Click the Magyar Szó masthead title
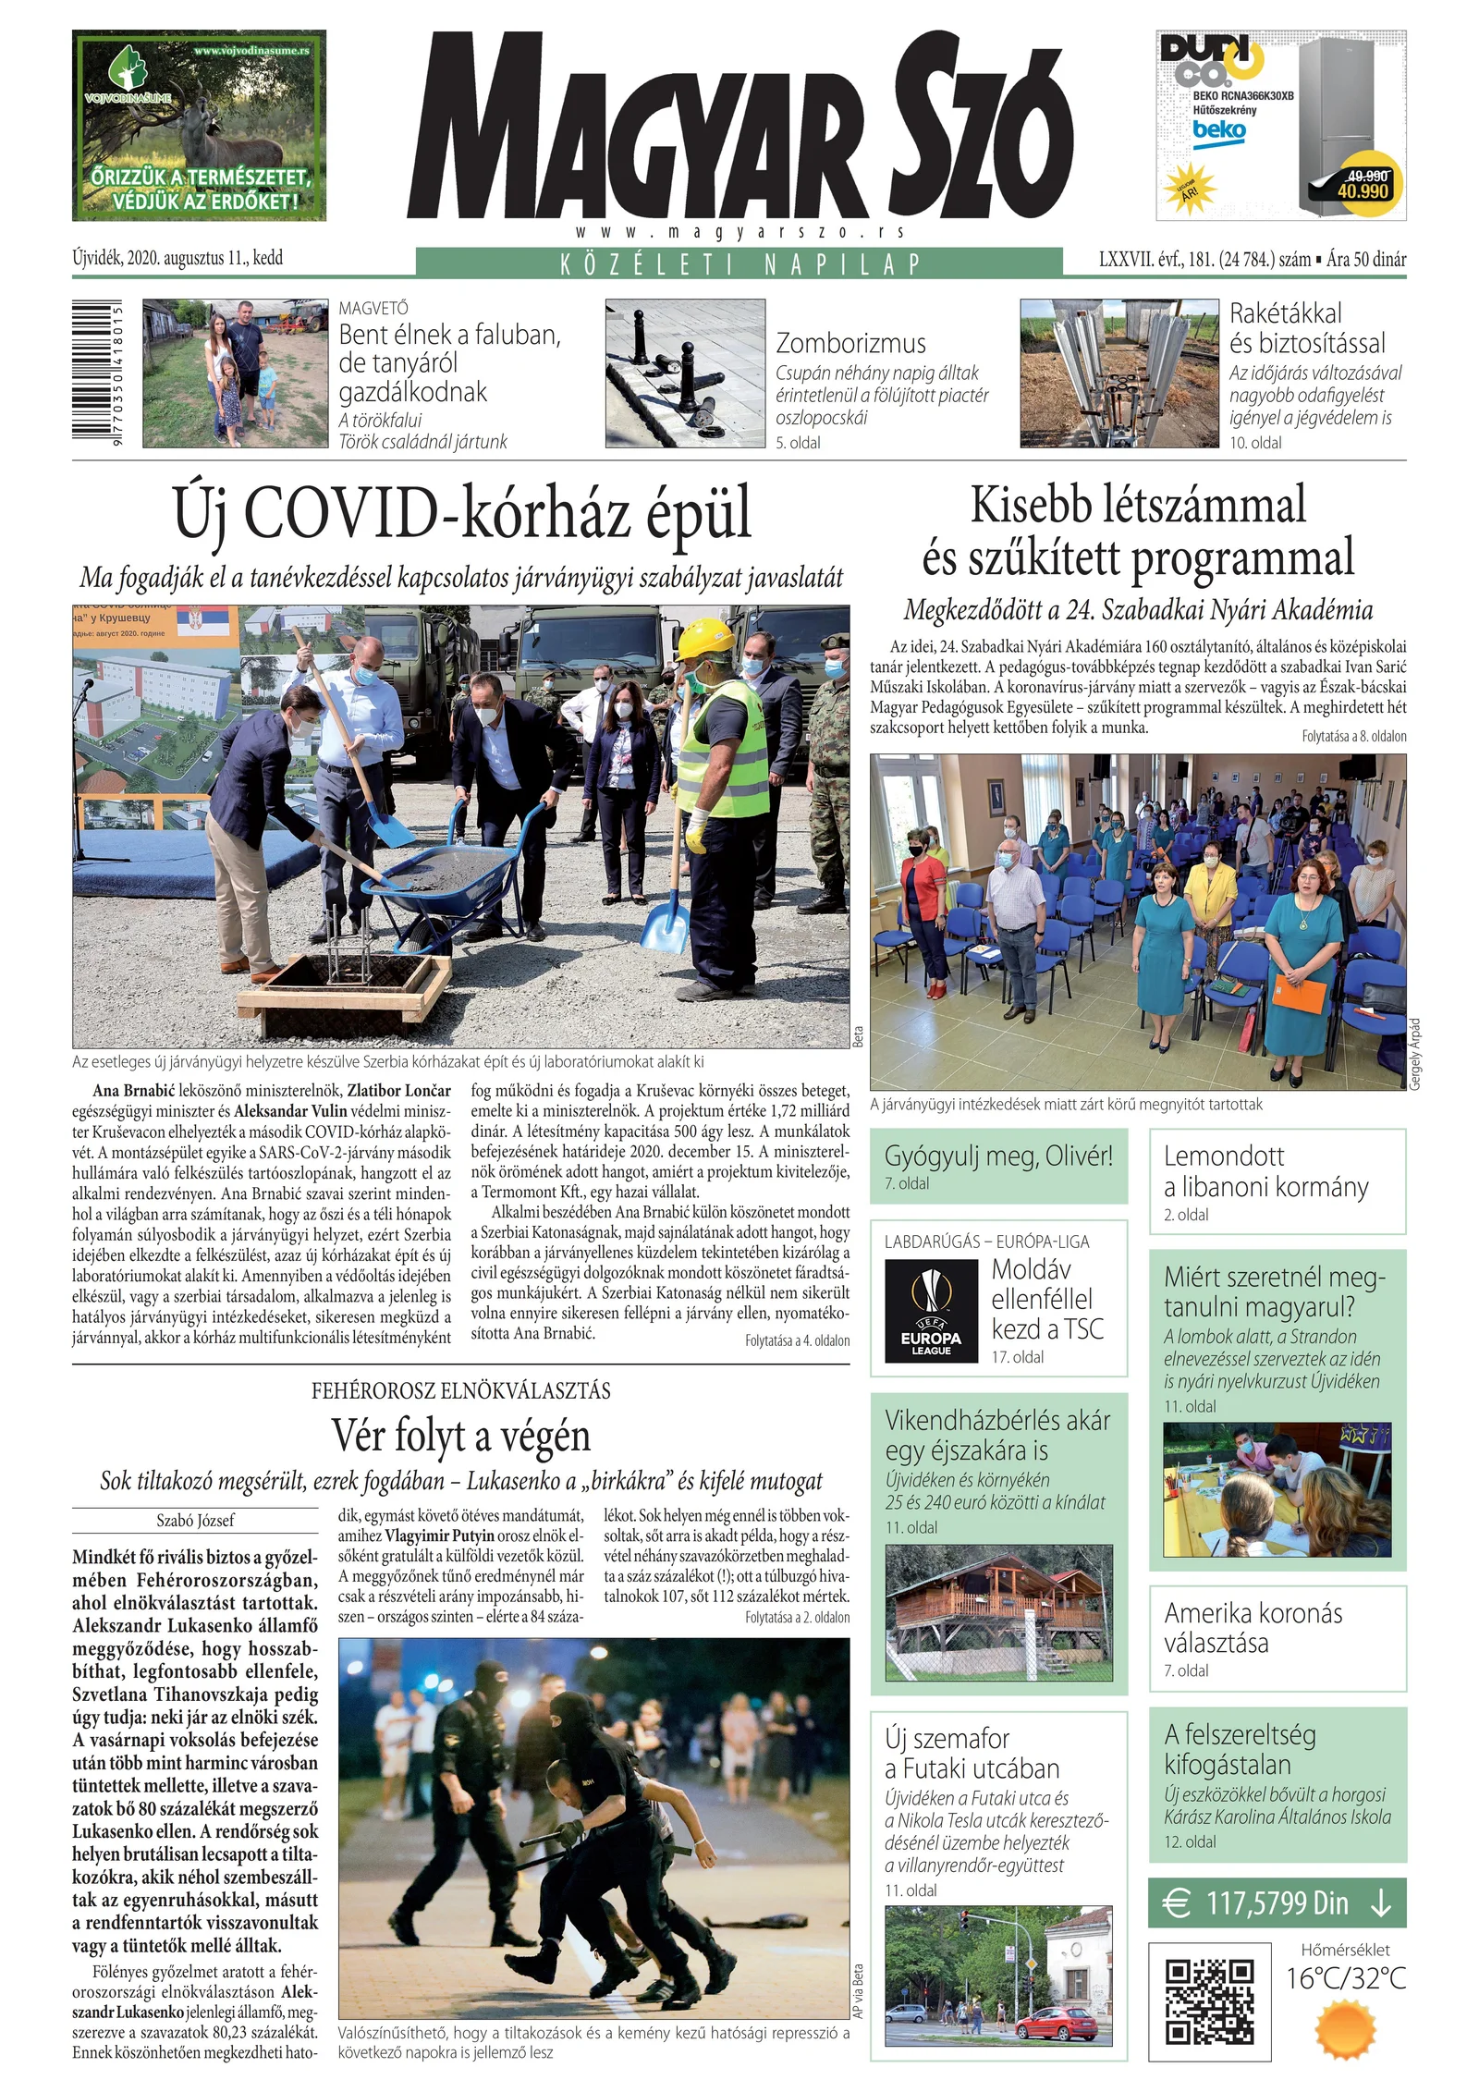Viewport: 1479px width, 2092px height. [x=739, y=125]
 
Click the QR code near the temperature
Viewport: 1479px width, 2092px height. [x=1208, y=2001]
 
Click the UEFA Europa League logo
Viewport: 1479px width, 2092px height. [x=930, y=1312]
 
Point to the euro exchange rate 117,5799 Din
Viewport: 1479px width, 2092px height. [x=1277, y=1902]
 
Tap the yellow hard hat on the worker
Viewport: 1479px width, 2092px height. [x=704, y=637]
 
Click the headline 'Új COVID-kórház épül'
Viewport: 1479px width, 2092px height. [x=462, y=514]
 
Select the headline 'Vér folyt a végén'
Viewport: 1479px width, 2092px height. [x=461, y=1436]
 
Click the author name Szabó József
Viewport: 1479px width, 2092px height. [x=195, y=1521]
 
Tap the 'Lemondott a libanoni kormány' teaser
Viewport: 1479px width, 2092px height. [x=1277, y=1181]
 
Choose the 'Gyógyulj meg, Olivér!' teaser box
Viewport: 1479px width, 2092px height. [x=998, y=1166]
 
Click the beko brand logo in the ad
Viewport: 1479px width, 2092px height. [x=1218, y=130]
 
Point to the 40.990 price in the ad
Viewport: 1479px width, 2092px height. [x=1363, y=191]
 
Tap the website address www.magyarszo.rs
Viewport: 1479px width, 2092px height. [x=739, y=232]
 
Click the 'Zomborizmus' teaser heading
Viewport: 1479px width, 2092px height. [x=850, y=344]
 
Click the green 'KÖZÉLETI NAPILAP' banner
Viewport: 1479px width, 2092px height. [x=739, y=263]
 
